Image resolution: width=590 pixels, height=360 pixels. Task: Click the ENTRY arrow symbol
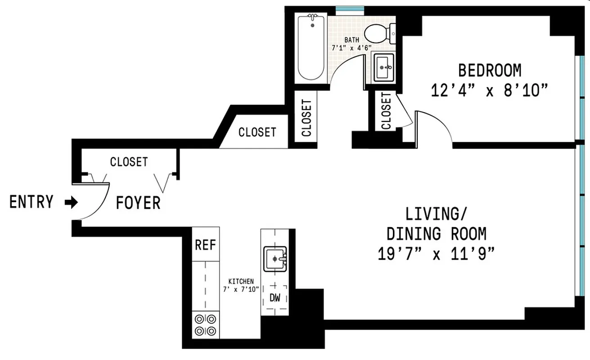(x=71, y=202)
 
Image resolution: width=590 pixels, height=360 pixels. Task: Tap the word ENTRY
(x=32, y=202)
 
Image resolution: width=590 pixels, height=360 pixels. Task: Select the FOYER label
(x=138, y=203)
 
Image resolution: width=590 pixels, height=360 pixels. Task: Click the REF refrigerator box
(x=206, y=245)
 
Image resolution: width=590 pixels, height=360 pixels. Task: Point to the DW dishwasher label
(x=275, y=297)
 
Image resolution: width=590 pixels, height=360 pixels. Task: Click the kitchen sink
(x=275, y=259)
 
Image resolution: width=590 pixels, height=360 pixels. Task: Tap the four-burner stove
(x=205, y=325)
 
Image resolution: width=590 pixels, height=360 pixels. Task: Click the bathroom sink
(x=383, y=67)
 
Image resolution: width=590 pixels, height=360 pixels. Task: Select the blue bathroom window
(x=350, y=9)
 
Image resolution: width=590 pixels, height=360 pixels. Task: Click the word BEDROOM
(x=490, y=71)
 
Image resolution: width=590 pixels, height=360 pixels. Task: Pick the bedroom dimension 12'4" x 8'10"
(x=490, y=90)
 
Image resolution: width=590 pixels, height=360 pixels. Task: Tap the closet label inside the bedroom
(x=386, y=111)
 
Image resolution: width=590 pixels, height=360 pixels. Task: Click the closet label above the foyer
(x=129, y=162)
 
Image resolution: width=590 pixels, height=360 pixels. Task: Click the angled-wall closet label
(x=257, y=132)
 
